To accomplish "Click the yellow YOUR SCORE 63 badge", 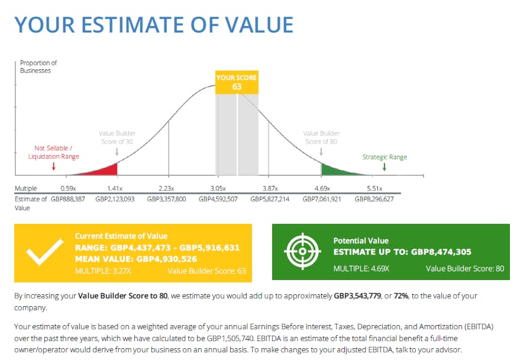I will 237,82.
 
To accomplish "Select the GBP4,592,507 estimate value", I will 218,199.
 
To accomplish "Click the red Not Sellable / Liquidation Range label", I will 53,153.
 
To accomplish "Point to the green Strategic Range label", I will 385,157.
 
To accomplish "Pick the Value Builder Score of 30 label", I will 117,137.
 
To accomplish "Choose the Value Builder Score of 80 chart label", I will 321,137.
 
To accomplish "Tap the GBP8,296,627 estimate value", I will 374,199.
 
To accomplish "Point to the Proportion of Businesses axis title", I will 38,66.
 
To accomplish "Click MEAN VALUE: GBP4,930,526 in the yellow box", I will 137,258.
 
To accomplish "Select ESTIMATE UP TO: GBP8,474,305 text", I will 402,252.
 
